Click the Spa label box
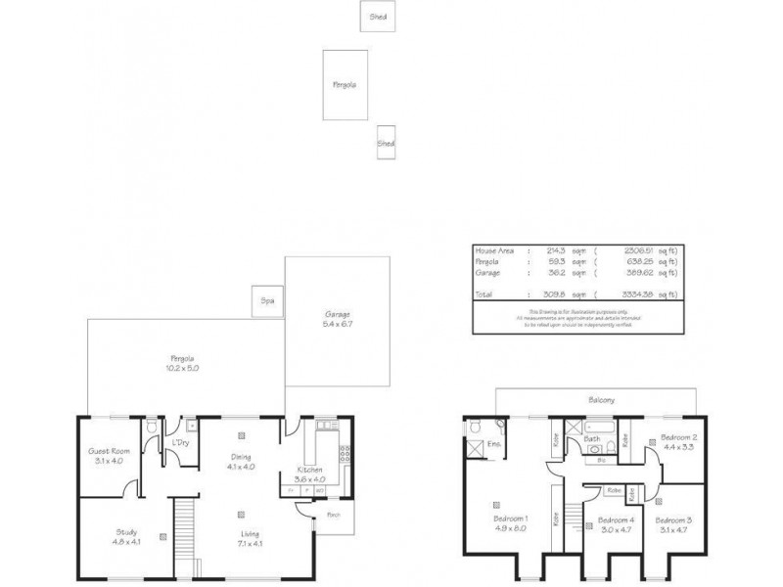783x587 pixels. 265,300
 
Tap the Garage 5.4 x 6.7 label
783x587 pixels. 338,319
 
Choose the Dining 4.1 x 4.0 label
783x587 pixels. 241,462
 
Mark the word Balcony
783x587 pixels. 601,400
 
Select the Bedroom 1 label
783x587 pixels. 512,522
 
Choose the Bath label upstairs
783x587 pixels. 593,439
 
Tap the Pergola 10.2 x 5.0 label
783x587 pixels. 183,362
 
